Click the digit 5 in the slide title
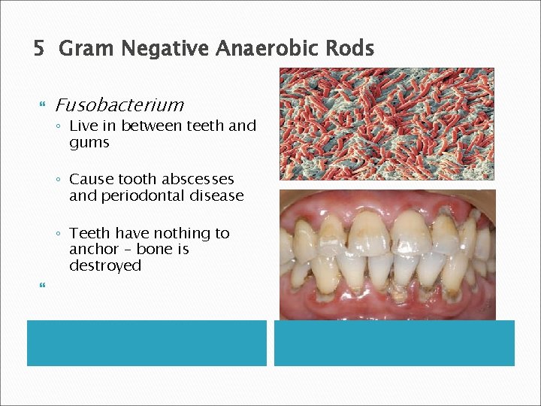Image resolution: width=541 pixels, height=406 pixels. (x=39, y=50)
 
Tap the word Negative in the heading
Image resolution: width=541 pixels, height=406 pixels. (x=164, y=50)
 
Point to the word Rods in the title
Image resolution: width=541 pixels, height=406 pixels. (x=352, y=50)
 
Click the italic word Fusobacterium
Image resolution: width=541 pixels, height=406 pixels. (x=119, y=105)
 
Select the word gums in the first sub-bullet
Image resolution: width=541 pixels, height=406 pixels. (x=89, y=142)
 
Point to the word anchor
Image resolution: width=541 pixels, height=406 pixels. (x=94, y=249)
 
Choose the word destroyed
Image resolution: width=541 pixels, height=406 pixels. (x=105, y=265)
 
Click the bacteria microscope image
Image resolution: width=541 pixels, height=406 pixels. (x=387, y=124)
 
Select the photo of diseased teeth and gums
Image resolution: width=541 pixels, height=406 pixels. (x=387, y=254)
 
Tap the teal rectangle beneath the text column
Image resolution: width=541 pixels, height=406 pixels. (x=147, y=343)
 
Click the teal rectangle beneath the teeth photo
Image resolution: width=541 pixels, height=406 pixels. (x=394, y=343)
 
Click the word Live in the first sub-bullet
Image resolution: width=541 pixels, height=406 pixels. (x=84, y=126)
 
